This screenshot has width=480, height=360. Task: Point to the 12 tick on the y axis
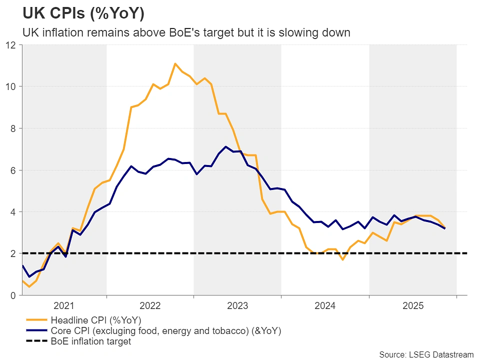point(11,45)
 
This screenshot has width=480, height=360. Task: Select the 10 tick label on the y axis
point(11,86)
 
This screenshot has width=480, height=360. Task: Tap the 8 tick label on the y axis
point(14,128)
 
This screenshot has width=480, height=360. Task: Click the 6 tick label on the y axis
point(14,170)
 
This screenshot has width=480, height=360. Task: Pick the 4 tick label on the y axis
point(14,212)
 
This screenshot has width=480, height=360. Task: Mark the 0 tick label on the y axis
point(14,295)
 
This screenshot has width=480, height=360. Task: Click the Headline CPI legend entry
point(95,320)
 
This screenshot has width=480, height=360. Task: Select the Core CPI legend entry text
point(165,331)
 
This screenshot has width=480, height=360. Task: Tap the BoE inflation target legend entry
point(90,342)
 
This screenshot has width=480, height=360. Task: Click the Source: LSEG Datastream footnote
point(426,354)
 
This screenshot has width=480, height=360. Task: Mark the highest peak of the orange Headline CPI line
point(175,63)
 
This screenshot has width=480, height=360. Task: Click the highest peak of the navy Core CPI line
point(226,146)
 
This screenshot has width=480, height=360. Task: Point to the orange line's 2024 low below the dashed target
point(342,259)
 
